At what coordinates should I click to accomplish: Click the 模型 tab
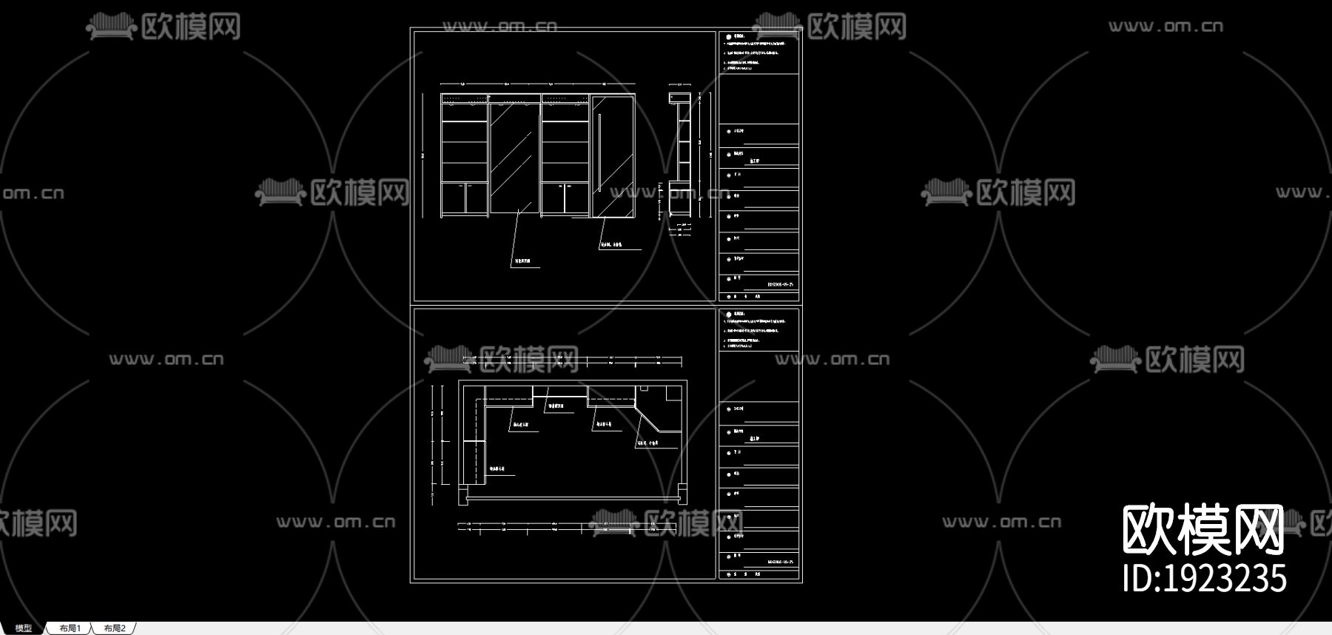[x=23, y=628]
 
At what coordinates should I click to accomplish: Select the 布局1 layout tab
[x=70, y=628]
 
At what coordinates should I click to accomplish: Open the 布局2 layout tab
[x=115, y=628]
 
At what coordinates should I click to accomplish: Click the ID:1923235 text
[x=1204, y=579]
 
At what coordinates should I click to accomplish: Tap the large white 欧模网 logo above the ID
[x=1202, y=529]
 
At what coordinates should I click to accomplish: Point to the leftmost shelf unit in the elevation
[x=464, y=155]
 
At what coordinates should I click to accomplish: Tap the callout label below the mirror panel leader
[x=522, y=261]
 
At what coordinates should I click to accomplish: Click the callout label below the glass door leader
[x=611, y=244]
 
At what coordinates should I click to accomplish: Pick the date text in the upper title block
[x=780, y=284]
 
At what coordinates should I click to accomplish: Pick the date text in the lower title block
[x=780, y=562]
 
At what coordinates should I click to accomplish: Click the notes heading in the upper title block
[x=739, y=36]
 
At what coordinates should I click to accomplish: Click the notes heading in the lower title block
[x=739, y=315]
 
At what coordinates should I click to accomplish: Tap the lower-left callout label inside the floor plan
[x=497, y=468]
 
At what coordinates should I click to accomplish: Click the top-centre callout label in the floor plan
[x=556, y=406]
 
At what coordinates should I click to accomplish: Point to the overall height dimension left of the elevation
[x=423, y=155]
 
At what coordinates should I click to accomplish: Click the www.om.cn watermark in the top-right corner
[x=1165, y=27]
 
